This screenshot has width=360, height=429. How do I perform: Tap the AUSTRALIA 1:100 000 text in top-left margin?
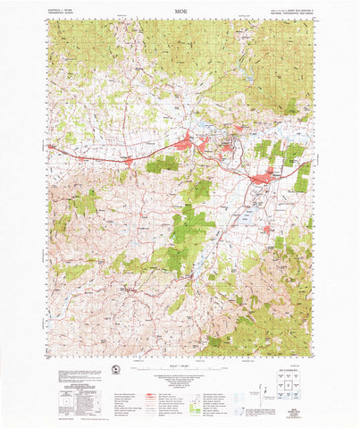[63, 11]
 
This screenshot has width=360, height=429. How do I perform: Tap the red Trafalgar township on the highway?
[130, 162]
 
